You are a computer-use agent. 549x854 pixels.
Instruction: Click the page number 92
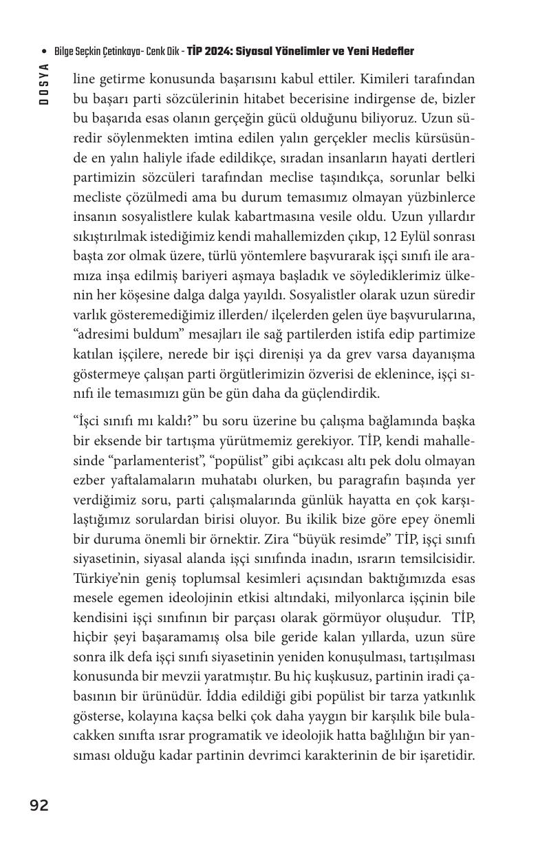point(39,805)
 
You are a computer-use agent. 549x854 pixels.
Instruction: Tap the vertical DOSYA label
point(44,84)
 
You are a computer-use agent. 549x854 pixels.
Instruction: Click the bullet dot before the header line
point(45,52)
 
